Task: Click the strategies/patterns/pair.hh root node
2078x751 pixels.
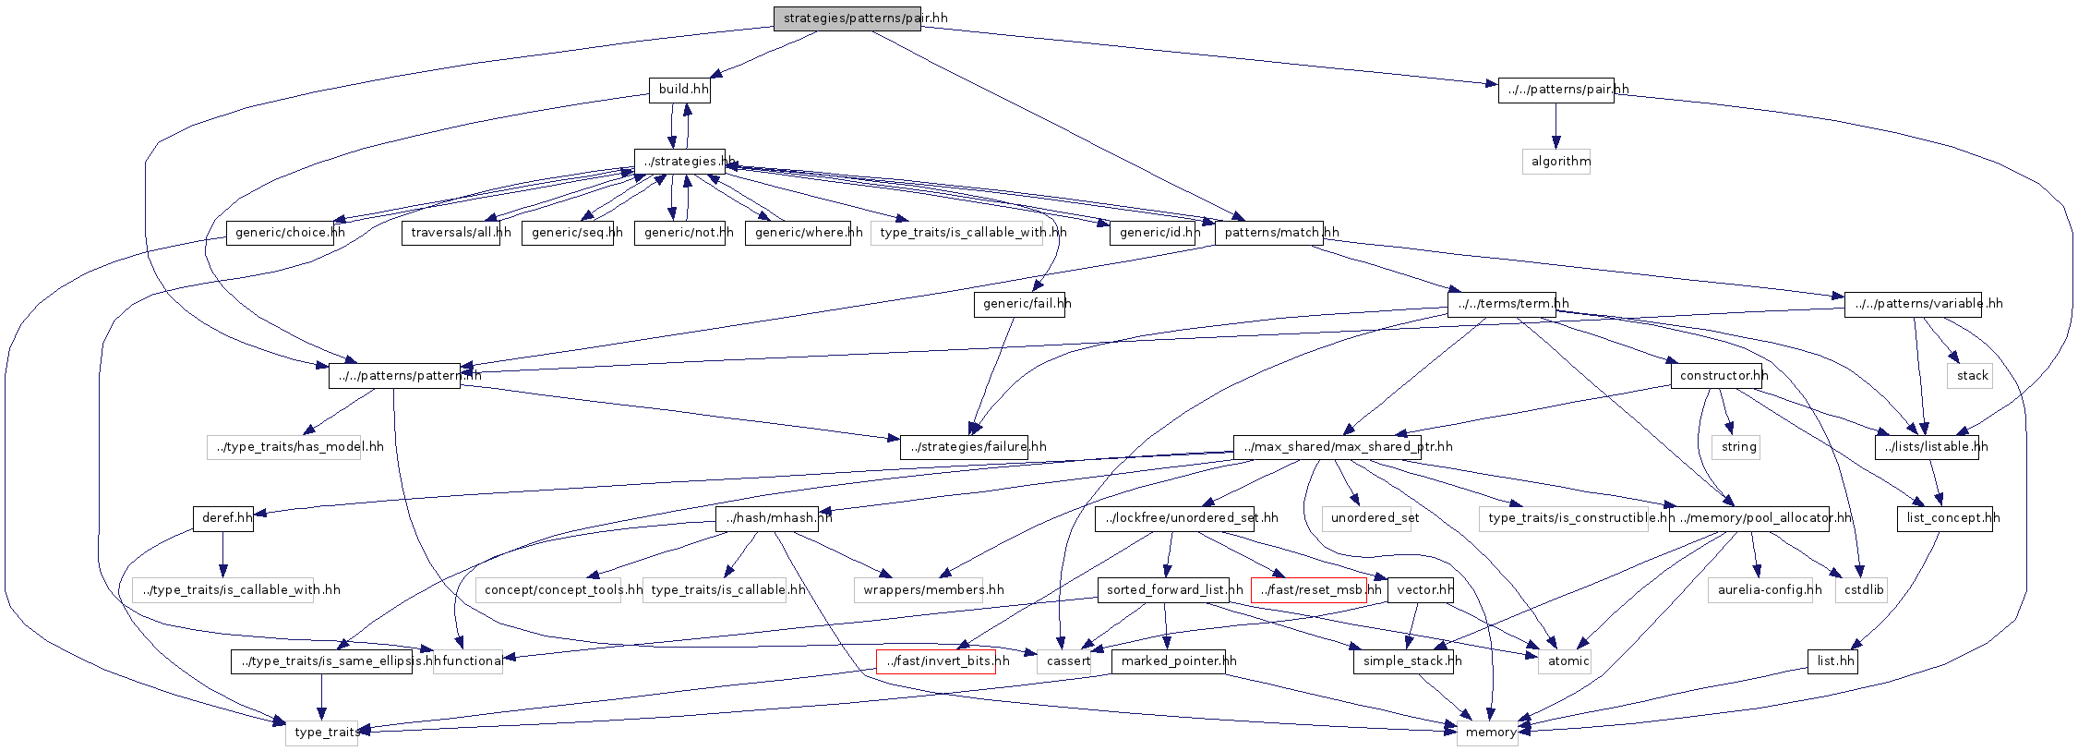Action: coord(847,18)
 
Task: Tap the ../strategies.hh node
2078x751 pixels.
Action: coord(679,162)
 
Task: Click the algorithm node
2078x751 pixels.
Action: coord(1555,162)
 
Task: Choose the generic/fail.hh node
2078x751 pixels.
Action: coord(1019,304)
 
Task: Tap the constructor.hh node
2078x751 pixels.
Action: coord(1717,376)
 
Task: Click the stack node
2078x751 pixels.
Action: coord(1971,376)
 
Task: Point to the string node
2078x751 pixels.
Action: coord(1736,447)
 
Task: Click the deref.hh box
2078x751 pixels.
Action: coord(222,518)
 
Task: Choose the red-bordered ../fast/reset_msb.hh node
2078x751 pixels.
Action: coord(1308,590)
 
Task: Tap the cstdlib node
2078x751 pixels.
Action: coord(1861,590)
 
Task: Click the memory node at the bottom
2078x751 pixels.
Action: coord(1487,733)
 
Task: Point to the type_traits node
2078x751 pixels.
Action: coord(321,733)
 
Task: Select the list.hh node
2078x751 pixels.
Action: coord(1832,661)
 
